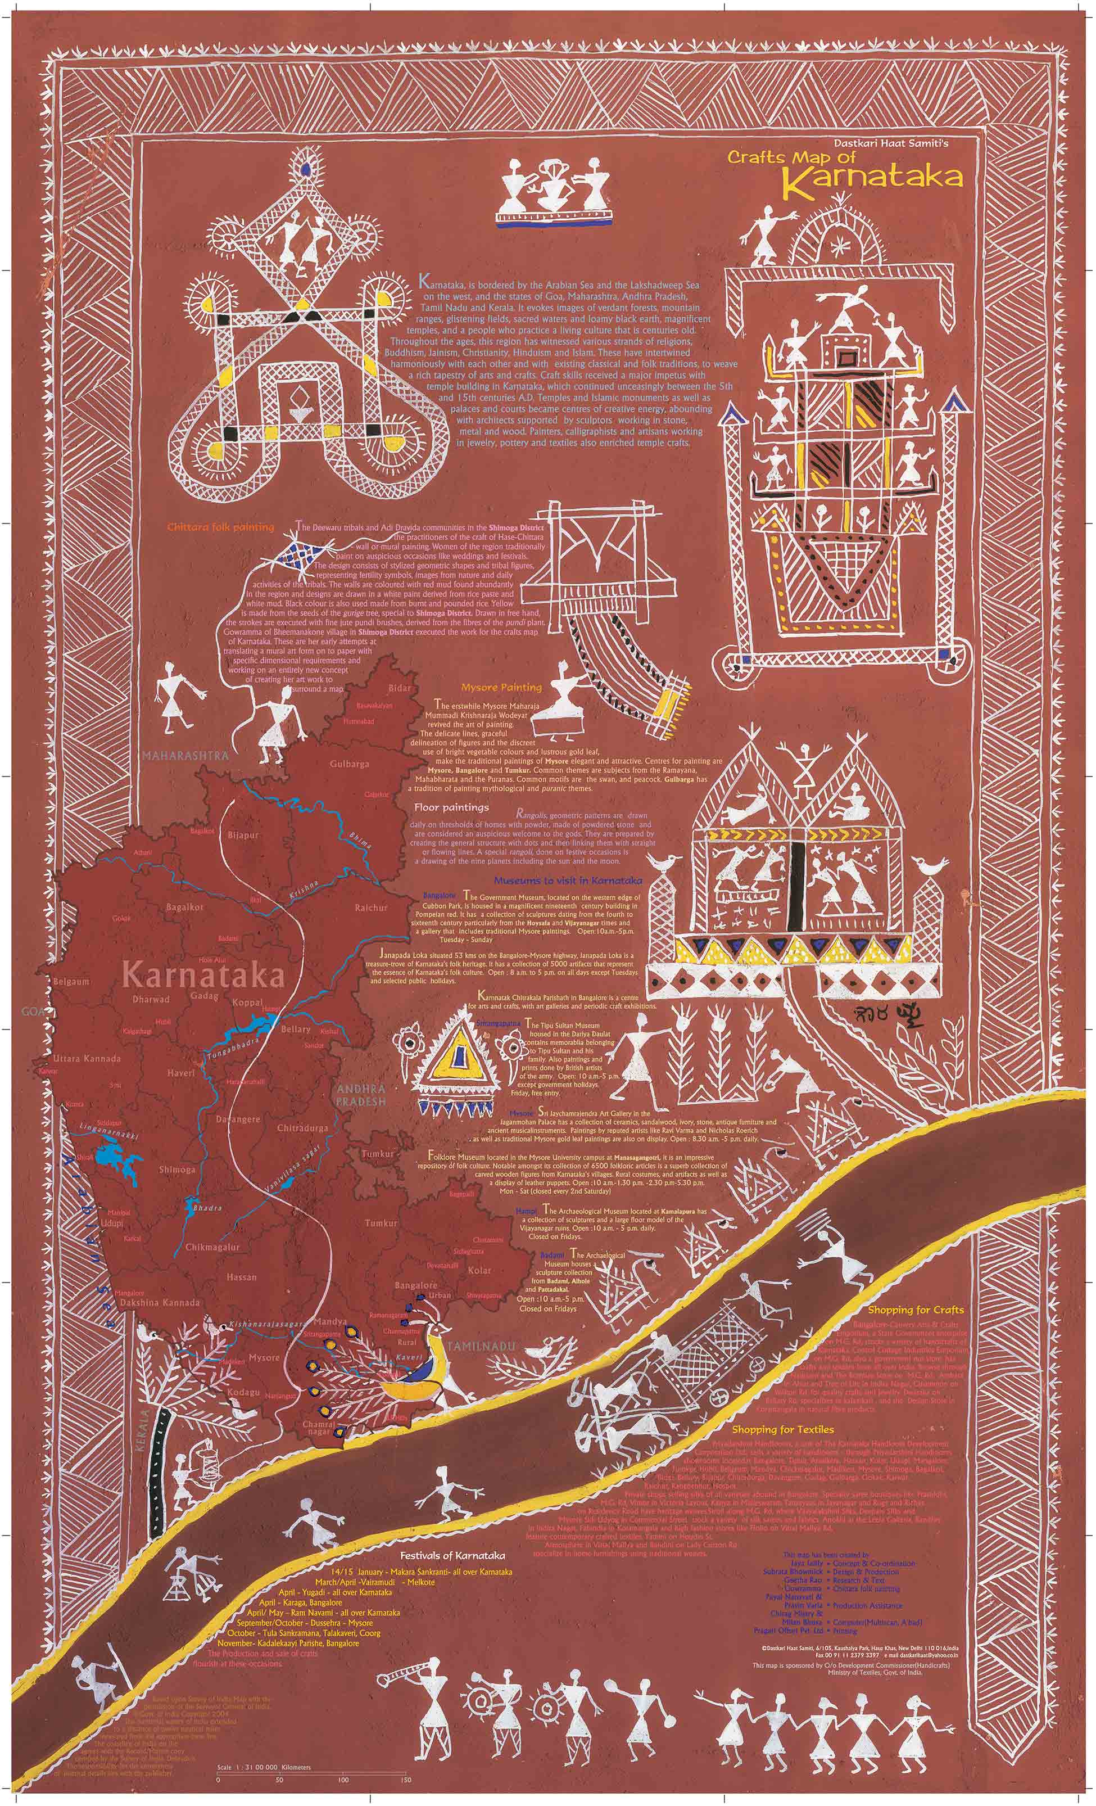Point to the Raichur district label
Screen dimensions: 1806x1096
point(371,907)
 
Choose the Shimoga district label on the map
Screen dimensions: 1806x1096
point(178,1170)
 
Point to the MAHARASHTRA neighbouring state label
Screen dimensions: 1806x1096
point(186,754)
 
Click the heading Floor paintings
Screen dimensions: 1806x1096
point(451,808)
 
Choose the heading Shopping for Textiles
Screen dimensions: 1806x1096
point(782,1430)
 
